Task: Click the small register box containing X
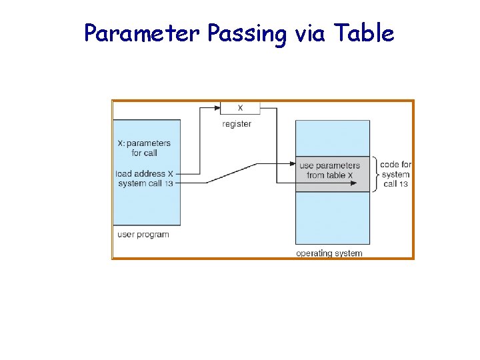tap(240, 108)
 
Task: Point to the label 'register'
tap(237, 124)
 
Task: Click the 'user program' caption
tap(143, 235)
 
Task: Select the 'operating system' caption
tap(329, 253)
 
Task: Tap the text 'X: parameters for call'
tap(144, 148)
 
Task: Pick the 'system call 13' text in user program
tap(145, 183)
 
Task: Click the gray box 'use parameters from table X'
tap(332, 175)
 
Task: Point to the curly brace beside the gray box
tap(375, 175)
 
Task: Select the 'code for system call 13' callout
tap(395, 175)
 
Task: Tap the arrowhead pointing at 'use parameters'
tap(291, 163)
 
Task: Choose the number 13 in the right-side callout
tap(403, 184)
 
